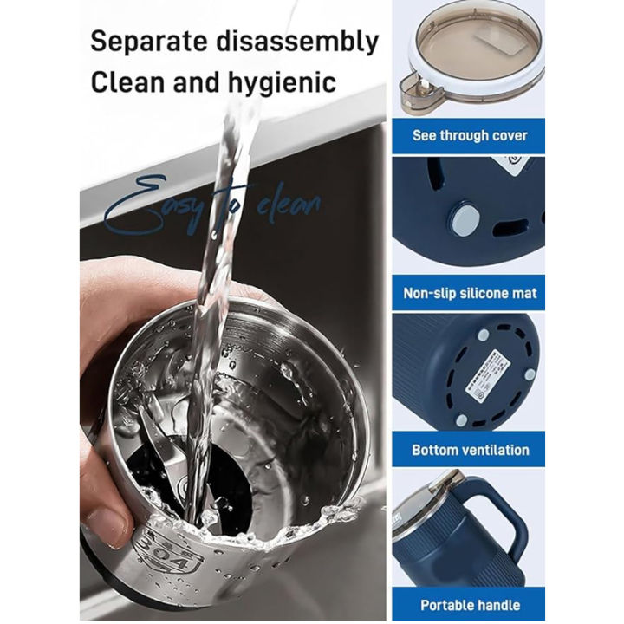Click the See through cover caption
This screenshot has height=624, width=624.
[470, 135]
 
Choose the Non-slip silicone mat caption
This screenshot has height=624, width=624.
[470, 293]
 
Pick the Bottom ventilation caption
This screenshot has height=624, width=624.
[470, 450]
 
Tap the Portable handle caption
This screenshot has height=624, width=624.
[470, 606]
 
